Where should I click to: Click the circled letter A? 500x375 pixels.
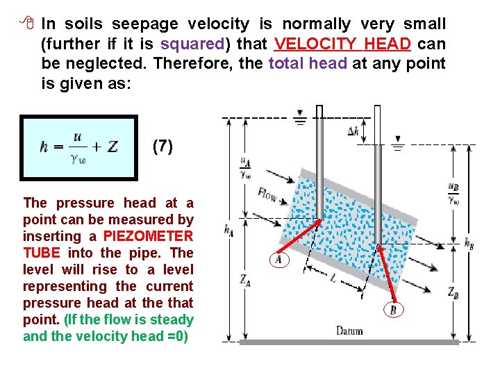click(277, 259)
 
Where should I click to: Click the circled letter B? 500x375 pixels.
click(392, 310)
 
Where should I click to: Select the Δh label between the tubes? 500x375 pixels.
click(353, 130)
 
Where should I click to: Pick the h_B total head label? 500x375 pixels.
click(469, 242)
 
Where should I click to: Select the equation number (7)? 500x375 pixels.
click(162, 146)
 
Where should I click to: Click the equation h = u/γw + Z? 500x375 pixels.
click(79, 147)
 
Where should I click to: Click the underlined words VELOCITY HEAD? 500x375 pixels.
click(343, 44)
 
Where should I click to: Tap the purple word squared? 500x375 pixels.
click(192, 44)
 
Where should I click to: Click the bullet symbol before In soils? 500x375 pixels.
click(27, 24)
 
